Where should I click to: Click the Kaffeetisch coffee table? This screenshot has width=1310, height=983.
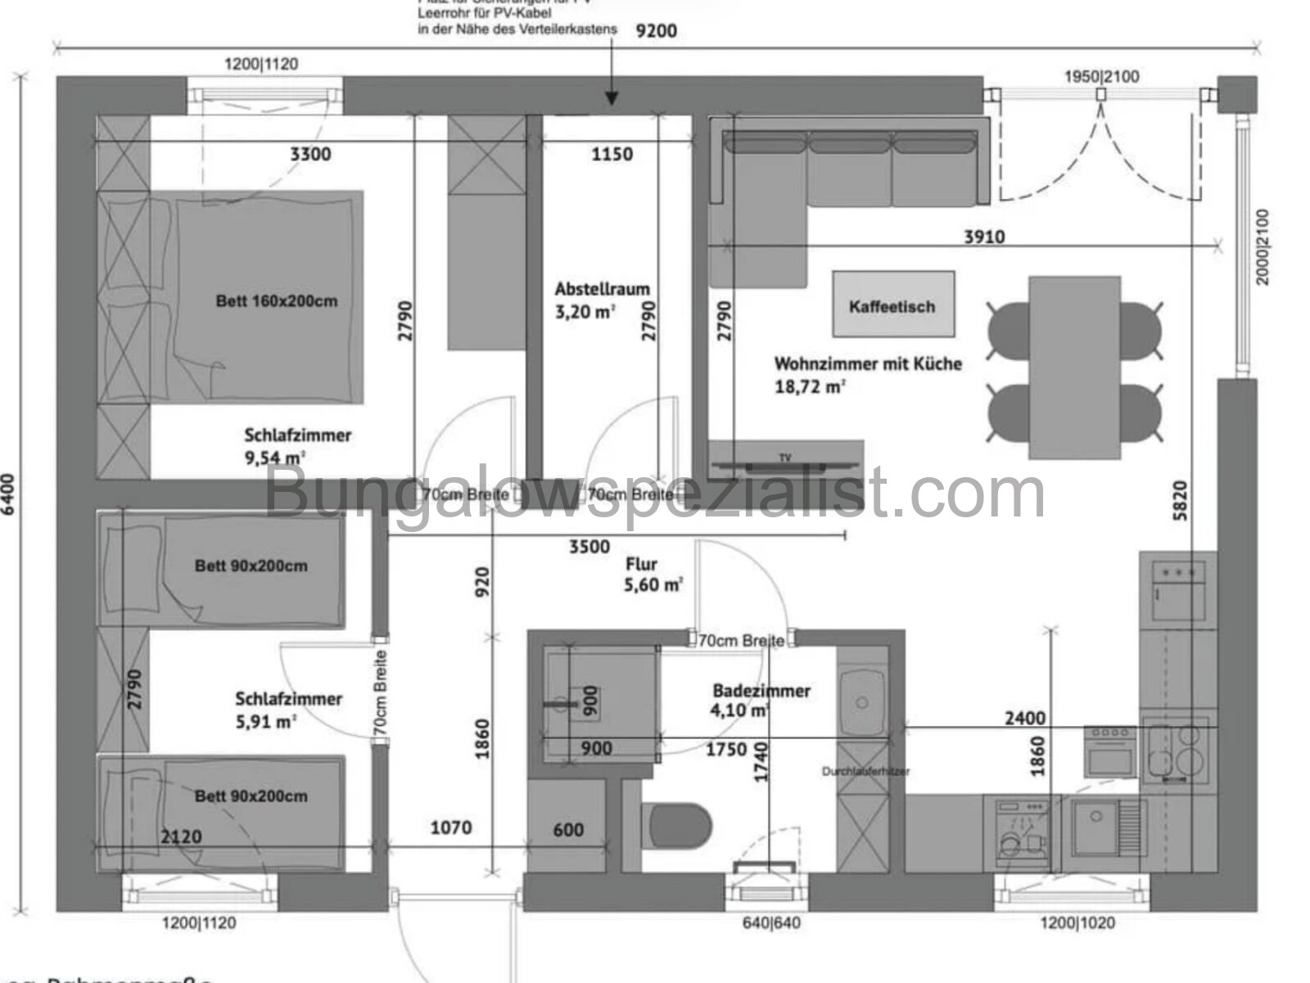click(892, 304)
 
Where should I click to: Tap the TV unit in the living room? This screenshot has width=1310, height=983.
click(784, 462)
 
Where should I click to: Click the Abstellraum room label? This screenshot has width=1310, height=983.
click(602, 289)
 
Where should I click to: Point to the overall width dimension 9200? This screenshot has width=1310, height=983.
click(656, 31)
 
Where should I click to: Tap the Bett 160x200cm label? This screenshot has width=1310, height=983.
click(276, 301)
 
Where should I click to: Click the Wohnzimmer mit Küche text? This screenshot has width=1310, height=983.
click(868, 363)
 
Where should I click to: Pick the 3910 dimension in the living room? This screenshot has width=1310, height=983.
click(983, 237)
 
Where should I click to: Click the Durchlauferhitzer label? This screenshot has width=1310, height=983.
click(865, 771)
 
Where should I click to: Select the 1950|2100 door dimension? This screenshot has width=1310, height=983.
click(1100, 77)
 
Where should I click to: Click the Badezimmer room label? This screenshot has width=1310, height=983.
click(761, 691)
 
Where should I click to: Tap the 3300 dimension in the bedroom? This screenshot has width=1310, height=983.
click(310, 154)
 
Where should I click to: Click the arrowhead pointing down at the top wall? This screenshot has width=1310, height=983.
click(611, 100)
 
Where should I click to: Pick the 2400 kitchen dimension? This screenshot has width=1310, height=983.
click(1024, 719)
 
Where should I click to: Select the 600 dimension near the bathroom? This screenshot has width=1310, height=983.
click(568, 830)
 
